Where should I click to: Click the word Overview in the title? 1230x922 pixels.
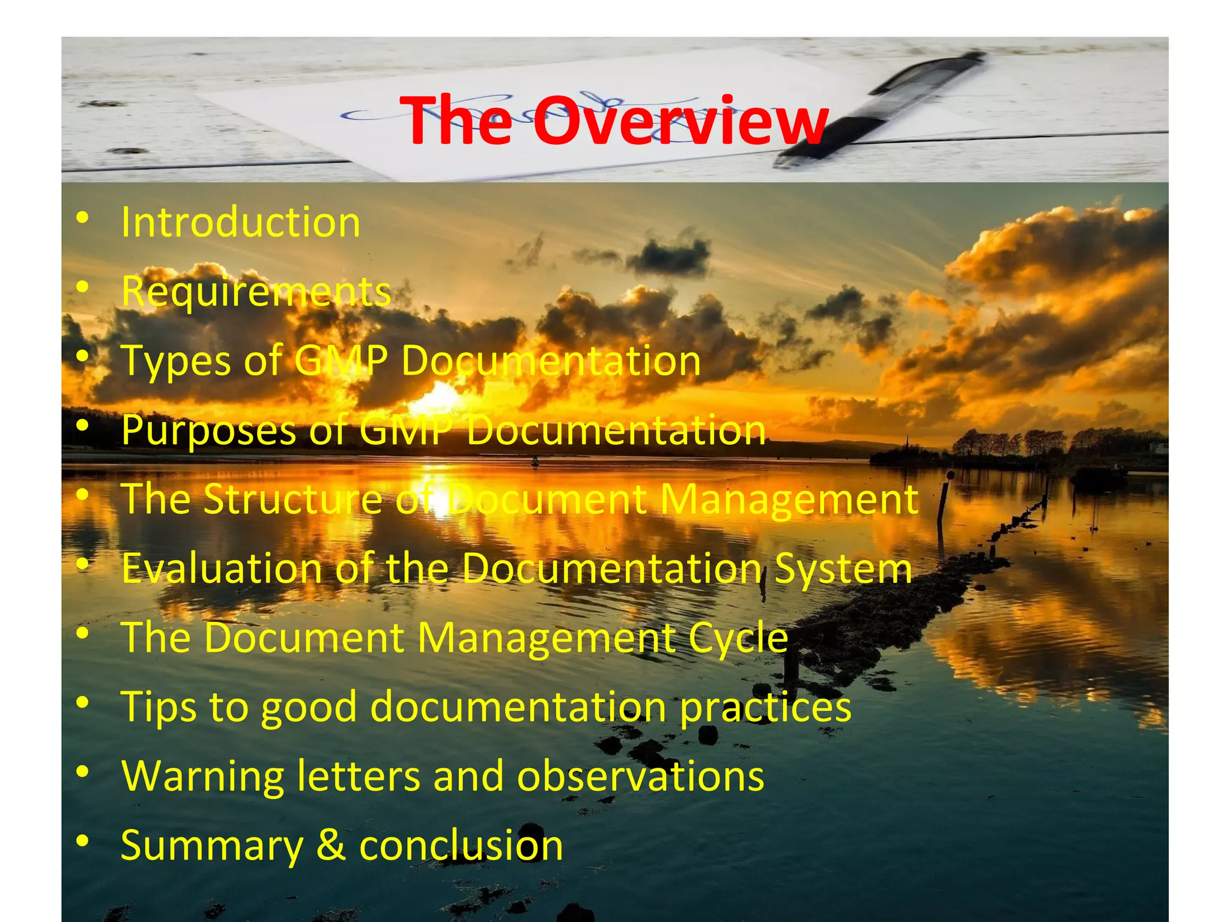tap(680, 122)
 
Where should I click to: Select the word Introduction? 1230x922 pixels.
tap(241, 223)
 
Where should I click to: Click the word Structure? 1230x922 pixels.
tap(293, 499)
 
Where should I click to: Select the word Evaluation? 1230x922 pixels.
tap(222, 568)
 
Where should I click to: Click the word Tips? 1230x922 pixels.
tap(159, 707)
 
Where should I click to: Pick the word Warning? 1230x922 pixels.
tap(202, 776)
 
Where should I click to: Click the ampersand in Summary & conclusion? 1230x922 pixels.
tap(331, 845)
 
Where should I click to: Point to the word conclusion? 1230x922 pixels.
tap(461, 845)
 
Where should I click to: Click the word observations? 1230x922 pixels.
tap(641, 776)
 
